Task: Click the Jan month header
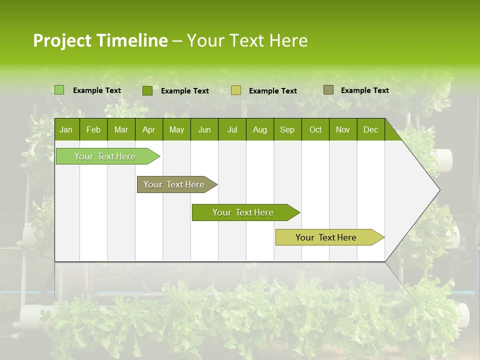tap(66, 129)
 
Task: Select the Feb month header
tap(93, 129)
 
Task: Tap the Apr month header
tap(148, 129)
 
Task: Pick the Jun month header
tap(204, 129)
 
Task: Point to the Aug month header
tap(259, 129)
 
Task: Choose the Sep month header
tap(287, 129)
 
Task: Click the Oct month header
tap(315, 129)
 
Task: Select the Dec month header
tap(370, 129)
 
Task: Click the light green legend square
tap(59, 90)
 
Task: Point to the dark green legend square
tap(147, 90)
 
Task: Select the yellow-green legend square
tap(236, 90)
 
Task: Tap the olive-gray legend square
tap(328, 90)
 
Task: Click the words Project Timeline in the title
tap(100, 40)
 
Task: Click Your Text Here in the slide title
tap(247, 40)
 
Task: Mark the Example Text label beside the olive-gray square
tap(364, 90)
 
